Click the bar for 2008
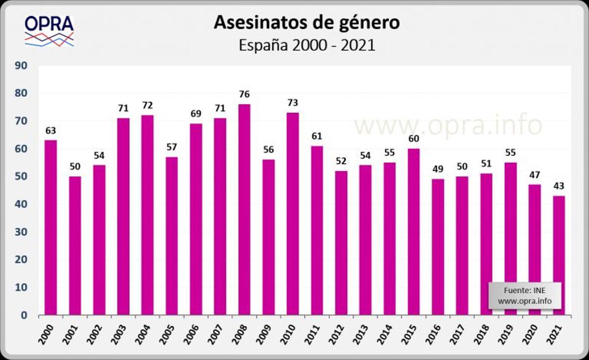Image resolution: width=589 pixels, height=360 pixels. click(244, 210)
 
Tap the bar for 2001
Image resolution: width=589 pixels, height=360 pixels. click(75, 246)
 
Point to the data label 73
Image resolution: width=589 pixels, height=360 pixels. click(293, 103)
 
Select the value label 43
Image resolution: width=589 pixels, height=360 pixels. click(559, 186)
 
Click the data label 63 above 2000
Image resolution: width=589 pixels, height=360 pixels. click(51, 131)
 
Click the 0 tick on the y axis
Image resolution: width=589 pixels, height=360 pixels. click(24, 315)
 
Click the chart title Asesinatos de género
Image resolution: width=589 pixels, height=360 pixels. click(307, 23)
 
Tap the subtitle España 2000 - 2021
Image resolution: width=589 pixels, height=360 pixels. click(307, 45)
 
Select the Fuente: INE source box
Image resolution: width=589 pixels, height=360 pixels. click(524, 296)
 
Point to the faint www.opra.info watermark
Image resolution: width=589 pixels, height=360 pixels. click(448, 125)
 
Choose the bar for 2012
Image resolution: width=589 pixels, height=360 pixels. click(341, 243)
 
